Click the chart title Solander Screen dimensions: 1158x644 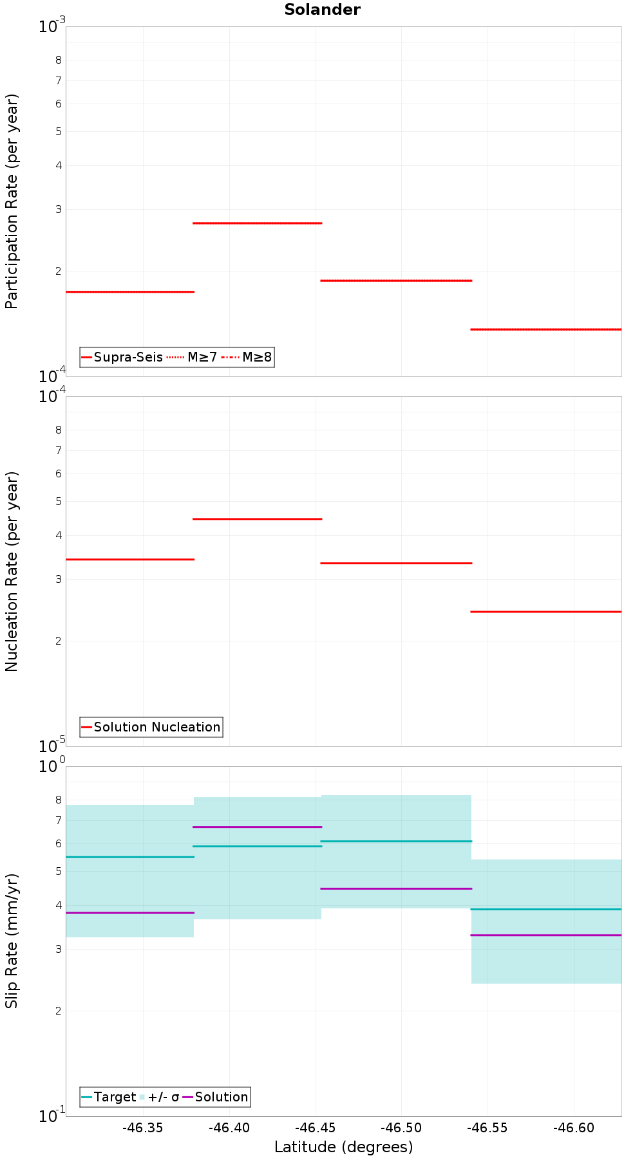(322, 10)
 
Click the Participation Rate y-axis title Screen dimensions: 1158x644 (12, 201)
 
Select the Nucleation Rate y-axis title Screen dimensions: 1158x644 (12, 571)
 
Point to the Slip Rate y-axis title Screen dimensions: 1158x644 (12, 941)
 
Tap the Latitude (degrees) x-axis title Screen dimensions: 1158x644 (343, 1146)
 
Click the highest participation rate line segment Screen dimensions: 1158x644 (258, 223)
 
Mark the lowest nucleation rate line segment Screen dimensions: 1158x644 (546, 612)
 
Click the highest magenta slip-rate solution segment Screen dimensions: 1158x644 (258, 827)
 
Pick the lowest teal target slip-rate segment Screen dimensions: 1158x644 (546, 909)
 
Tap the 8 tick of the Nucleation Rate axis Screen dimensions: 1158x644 (58, 430)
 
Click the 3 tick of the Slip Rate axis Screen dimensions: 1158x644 (58, 949)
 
